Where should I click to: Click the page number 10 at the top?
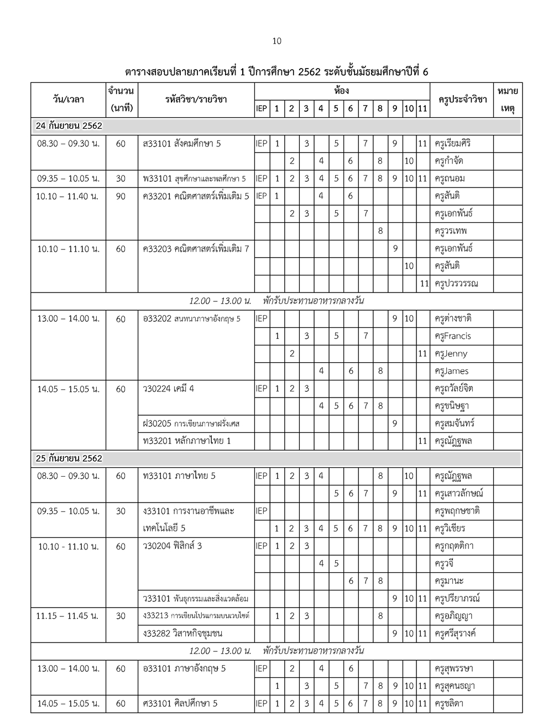(277, 41)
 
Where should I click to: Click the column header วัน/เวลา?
(69, 100)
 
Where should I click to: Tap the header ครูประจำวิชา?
(462, 100)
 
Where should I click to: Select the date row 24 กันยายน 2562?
(69, 126)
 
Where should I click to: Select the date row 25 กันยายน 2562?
(69, 458)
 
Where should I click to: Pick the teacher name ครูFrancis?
(453, 336)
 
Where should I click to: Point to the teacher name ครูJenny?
(451, 354)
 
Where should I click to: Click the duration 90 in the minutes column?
(121, 196)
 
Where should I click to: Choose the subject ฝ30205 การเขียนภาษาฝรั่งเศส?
(191, 424)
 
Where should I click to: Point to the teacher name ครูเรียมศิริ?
(456, 144)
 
